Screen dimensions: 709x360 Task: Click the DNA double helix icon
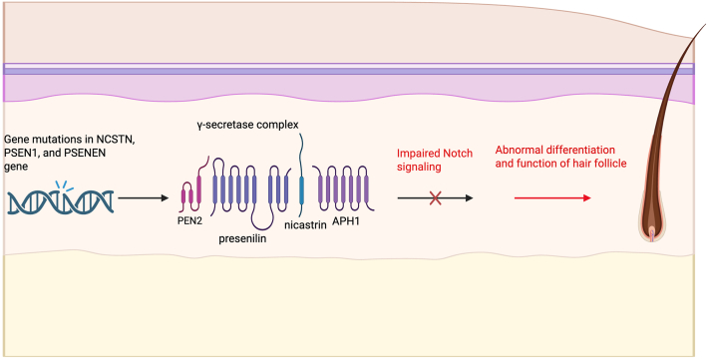[60, 202]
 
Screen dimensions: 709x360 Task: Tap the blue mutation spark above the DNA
[63, 185]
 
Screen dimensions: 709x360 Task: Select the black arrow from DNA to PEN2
[143, 198]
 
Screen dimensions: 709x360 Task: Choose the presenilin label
[242, 238]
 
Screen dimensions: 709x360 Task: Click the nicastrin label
[305, 224]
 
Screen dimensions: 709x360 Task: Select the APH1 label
[346, 222]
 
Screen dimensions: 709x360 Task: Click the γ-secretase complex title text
[247, 125]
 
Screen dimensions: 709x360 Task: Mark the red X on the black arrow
[436, 198]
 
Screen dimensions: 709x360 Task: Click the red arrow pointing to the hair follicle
[552, 198]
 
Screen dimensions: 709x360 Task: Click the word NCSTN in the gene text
[116, 141]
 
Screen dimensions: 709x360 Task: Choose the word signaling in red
[419, 167]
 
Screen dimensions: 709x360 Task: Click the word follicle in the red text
[612, 164]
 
